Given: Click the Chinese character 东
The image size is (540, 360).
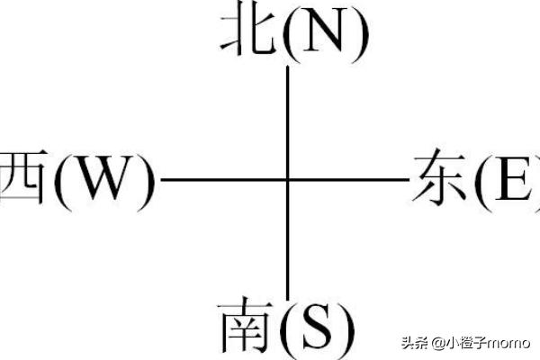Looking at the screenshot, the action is tap(440, 177).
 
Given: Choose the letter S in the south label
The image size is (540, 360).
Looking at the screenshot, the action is tap(318, 326).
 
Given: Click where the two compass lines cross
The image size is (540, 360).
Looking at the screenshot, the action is tap(288, 179).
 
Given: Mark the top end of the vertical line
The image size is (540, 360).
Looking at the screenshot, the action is tap(288, 67).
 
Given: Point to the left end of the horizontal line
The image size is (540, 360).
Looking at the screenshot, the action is tap(161, 179).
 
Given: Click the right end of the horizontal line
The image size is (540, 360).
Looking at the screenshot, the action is tap(409, 179).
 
